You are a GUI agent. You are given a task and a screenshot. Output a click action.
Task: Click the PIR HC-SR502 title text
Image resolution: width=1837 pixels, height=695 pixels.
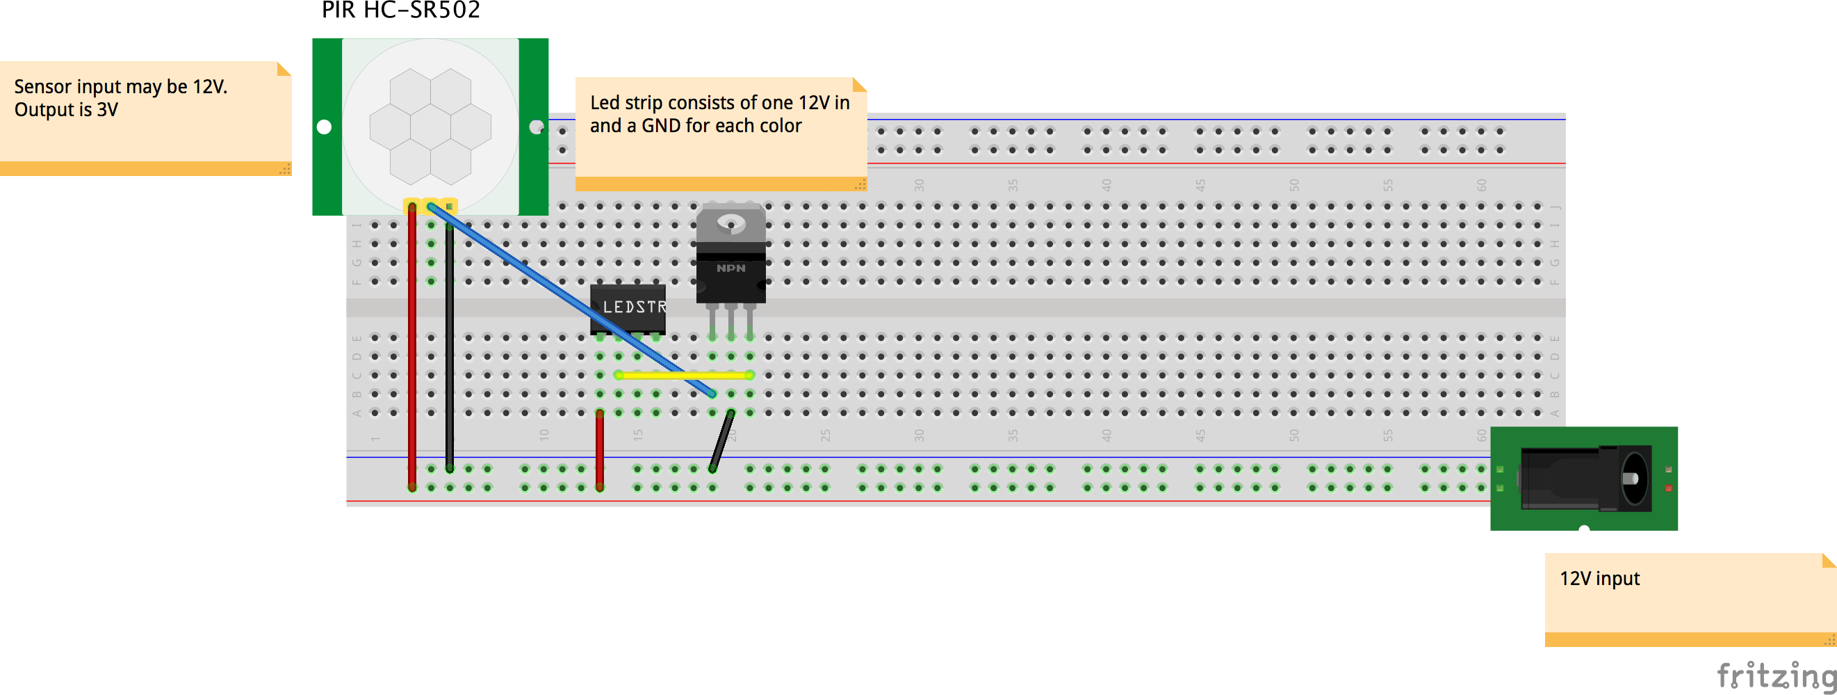tap(401, 10)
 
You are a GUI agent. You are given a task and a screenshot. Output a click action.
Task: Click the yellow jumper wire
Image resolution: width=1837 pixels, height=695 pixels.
tap(683, 374)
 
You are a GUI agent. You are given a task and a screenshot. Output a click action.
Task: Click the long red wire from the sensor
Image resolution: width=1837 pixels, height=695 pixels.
tap(412, 342)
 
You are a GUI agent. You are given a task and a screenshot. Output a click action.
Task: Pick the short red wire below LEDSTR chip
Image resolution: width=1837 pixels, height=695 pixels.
tap(600, 449)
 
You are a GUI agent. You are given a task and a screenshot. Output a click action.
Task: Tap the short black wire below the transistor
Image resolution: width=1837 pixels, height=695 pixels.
tap(721, 441)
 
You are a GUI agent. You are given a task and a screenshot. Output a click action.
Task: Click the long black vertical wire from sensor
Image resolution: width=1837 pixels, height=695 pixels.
tap(449, 342)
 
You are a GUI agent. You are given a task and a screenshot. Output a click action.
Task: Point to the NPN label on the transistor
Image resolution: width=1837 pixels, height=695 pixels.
tap(731, 269)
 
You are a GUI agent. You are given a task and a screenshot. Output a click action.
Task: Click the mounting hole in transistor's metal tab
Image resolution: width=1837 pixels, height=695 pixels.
tap(731, 223)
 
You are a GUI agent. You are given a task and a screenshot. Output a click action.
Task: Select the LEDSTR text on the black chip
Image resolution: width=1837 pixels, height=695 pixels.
tap(634, 307)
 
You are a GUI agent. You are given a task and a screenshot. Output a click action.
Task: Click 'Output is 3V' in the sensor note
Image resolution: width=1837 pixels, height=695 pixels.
tap(65, 110)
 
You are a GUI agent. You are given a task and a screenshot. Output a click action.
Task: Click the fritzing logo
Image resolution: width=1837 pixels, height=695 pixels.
tap(1776, 674)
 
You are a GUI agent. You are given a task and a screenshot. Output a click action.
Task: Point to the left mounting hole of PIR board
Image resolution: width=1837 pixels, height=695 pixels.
tap(325, 127)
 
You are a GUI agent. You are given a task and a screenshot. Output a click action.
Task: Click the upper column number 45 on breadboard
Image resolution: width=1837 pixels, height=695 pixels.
tap(1200, 185)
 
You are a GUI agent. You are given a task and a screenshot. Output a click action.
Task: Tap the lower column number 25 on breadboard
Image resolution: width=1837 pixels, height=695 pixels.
tap(825, 435)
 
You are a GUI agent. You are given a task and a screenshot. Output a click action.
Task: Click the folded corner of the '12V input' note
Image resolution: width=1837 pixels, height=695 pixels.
tap(1829, 561)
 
